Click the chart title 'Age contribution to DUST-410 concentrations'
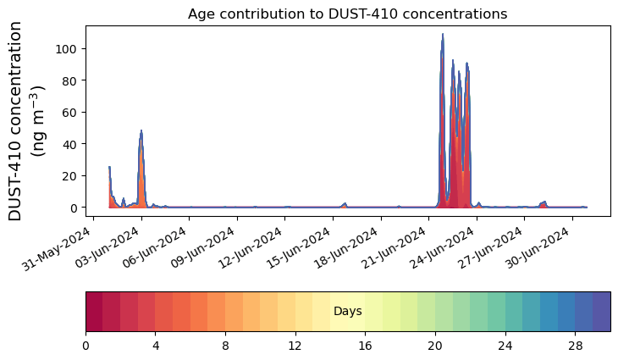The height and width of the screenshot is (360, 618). click(347, 14)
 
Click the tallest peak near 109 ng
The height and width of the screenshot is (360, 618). click(443, 35)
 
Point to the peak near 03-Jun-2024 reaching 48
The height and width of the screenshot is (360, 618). click(141, 131)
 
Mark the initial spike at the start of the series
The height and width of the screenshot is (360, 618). click(109, 168)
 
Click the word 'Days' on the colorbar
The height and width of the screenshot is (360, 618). click(348, 312)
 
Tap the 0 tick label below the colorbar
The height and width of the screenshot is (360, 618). click(86, 346)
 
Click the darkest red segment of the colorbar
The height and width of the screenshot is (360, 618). click(94, 312)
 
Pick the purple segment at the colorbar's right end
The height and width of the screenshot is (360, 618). click(601, 312)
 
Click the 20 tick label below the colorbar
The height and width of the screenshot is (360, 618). click(435, 346)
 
